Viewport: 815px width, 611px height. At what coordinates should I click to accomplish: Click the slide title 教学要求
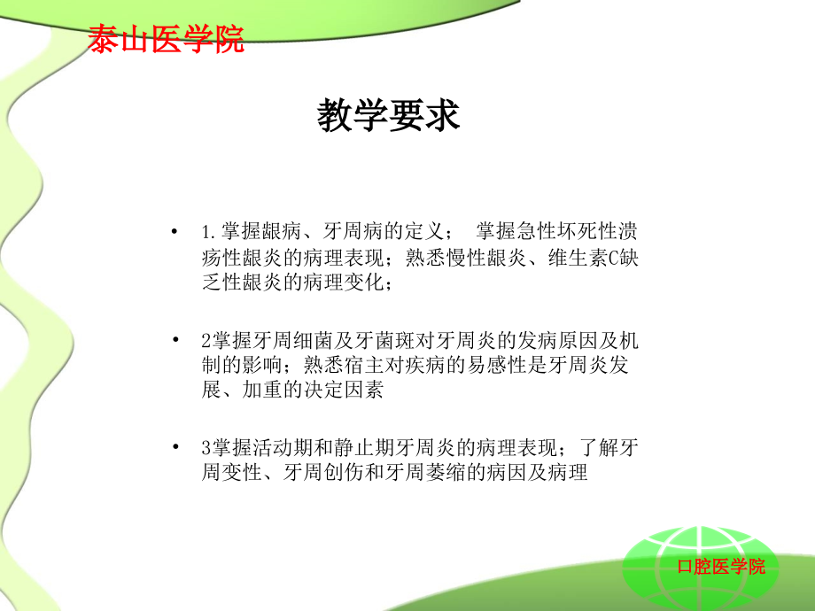[x=389, y=117]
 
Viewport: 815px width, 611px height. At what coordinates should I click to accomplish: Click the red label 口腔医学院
[x=720, y=567]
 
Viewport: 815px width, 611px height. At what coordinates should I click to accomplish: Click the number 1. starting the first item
[x=210, y=233]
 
